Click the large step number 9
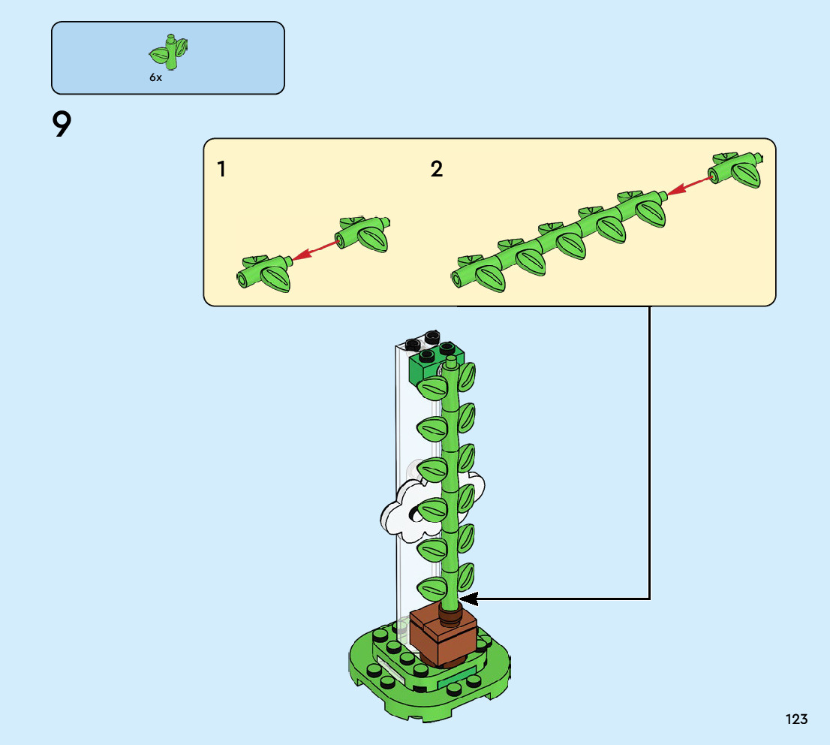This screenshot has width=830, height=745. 62,125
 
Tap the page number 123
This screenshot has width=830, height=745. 797,719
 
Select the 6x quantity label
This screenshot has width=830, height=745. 155,77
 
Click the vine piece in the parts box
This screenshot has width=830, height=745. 170,51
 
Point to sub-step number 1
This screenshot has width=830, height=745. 221,170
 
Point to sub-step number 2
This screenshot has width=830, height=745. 437,170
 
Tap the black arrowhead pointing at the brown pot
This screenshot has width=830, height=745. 469,599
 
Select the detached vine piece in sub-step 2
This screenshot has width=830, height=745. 736,169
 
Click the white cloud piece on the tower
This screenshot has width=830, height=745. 401,511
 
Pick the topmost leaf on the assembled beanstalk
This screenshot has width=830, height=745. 467,374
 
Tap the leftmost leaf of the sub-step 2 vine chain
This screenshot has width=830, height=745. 490,278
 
